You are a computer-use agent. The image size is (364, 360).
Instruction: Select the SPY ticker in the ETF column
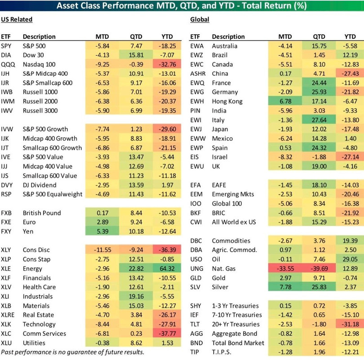[x=7, y=45]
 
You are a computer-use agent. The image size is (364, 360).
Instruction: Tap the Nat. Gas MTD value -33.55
[x=285, y=268]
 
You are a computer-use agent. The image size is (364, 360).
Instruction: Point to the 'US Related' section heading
[x=17, y=19]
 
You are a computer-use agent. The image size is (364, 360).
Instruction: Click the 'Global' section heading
[x=200, y=19]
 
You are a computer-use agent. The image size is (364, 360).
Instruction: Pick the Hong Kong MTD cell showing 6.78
[x=285, y=101]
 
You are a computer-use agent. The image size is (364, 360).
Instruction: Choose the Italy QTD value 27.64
[x=318, y=120]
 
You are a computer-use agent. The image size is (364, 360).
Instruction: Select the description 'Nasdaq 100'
[x=39, y=64]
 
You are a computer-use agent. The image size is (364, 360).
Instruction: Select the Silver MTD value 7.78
[x=285, y=287]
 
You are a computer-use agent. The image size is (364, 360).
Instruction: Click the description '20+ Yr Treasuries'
[x=235, y=324]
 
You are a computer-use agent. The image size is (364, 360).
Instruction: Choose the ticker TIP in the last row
[x=195, y=351]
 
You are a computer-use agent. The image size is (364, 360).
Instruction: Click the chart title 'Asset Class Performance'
[x=182, y=6]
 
